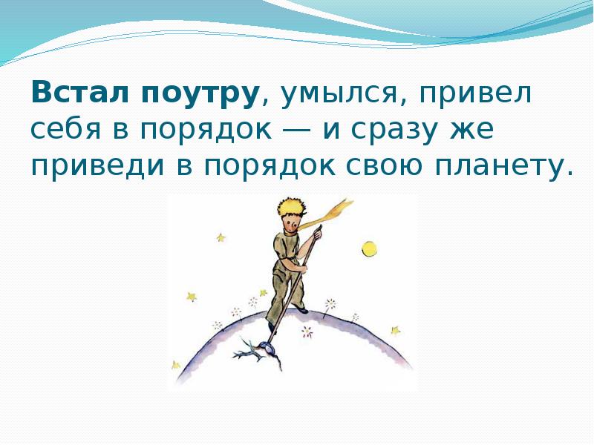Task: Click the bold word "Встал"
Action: tap(81, 92)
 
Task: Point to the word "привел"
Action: tap(475, 93)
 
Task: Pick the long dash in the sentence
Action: tap(296, 130)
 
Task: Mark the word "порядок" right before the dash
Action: tap(206, 131)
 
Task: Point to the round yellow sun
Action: tap(369, 249)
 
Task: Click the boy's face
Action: tap(292, 224)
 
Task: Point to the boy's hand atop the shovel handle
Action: tap(317, 234)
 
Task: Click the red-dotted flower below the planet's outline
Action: tap(307, 332)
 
